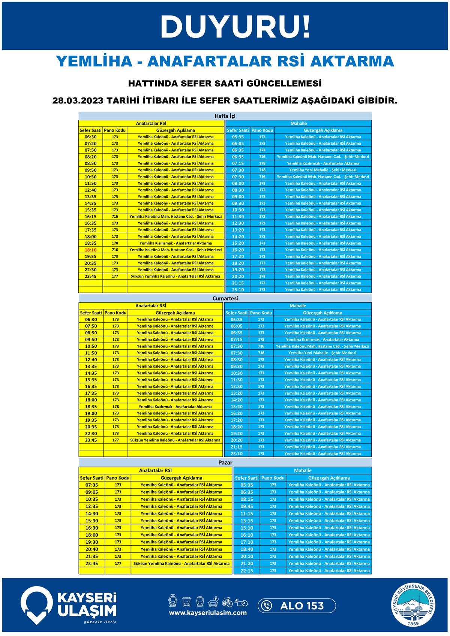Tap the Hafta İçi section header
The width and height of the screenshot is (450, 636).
coord(225,116)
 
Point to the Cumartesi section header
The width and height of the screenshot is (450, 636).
coord(225,299)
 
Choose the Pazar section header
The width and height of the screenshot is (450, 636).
coord(225,462)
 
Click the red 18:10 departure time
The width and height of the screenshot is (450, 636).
coord(90,250)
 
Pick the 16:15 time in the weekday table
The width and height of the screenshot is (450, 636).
coord(90,217)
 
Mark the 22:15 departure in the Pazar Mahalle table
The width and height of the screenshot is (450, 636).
coord(246,571)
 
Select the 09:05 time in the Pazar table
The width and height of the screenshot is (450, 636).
coord(91,492)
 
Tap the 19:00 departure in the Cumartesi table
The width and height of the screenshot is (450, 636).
coord(91,413)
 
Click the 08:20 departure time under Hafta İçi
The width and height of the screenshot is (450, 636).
coord(90,157)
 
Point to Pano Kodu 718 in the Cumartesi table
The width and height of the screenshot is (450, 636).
coord(261,353)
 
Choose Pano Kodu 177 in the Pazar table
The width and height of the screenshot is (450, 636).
coord(118,564)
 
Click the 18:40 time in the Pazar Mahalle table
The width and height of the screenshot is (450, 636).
coord(246,549)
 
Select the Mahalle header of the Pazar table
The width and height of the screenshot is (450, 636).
coord(303,470)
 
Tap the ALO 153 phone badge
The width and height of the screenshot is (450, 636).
coord(297,606)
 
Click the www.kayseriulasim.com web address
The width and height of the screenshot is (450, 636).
coord(208,613)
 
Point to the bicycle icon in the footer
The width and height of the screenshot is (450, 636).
coord(227,602)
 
